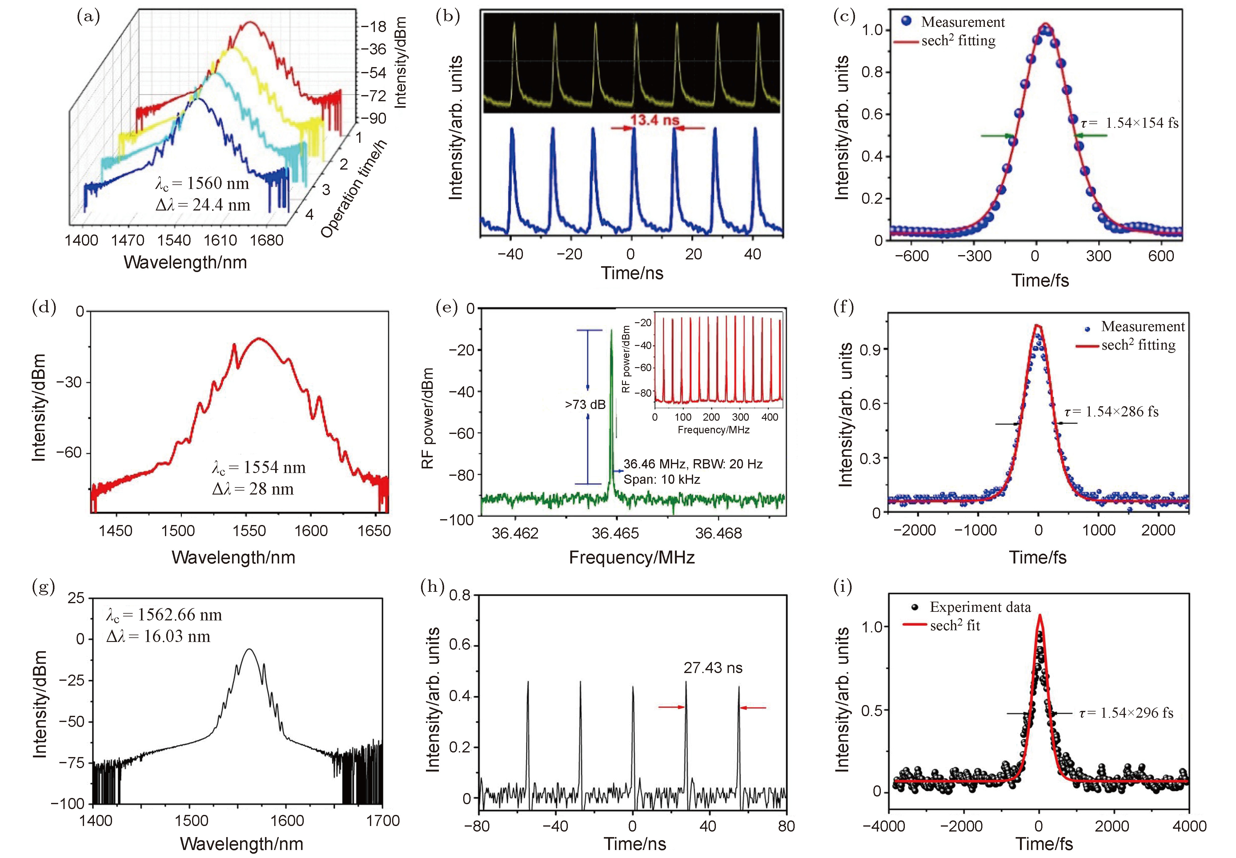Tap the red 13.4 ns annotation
655,120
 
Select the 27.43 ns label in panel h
712,668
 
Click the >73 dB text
585,405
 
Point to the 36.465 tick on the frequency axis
616,533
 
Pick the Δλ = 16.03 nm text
158,636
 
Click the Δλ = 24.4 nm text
203,205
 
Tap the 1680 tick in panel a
267,240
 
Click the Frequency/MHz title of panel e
632,558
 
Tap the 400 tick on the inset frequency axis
769,417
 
